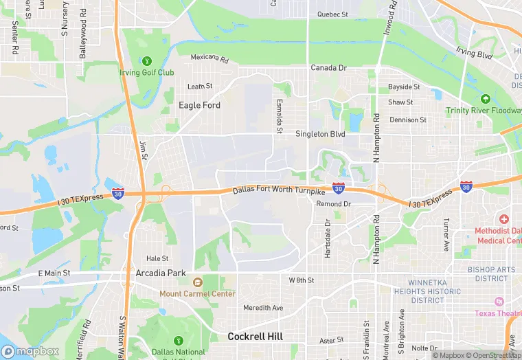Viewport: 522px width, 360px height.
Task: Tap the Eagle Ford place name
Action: [x=199, y=105]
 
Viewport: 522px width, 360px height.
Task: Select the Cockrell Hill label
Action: [x=256, y=337]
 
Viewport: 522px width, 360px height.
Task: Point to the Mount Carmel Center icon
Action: [x=198, y=282]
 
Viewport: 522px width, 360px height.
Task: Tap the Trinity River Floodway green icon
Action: [x=486, y=100]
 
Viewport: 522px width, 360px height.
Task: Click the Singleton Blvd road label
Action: [x=320, y=135]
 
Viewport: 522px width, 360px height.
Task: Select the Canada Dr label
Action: [x=329, y=68]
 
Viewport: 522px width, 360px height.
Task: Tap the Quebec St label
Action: [x=333, y=14]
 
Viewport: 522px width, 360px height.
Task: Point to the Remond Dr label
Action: [x=334, y=204]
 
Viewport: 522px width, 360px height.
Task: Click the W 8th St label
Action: [x=301, y=280]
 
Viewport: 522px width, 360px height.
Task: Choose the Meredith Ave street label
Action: [x=263, y=308]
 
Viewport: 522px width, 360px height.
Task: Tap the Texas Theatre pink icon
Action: [x=499, y=302]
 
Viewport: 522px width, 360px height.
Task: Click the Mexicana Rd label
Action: [x=209, y=58]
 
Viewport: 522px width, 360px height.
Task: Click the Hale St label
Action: [x=157, y=258]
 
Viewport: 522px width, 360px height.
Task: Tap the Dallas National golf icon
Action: [x=178, y=340]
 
